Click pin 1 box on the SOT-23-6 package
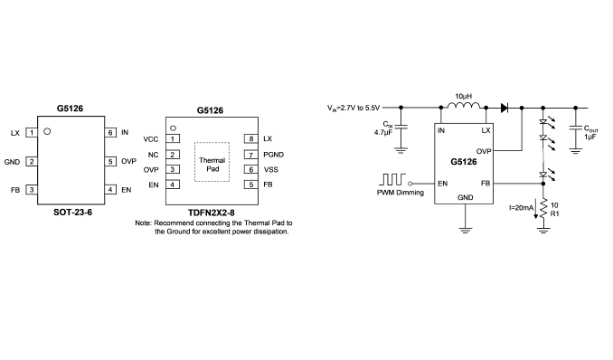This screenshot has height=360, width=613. click(x=32, y=133)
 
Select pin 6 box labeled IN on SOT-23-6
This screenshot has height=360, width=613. click(x=110, y=133)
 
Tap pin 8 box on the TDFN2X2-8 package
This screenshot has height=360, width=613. click(x=251, y=138)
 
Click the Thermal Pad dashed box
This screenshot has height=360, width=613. click(x=212, y=162)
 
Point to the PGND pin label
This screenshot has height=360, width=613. click(x=274, y=155)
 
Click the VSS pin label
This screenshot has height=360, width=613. click(x=271, y=169)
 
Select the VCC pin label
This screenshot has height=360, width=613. click(x=151, y=139)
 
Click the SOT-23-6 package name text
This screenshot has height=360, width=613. click(x=72, y=212)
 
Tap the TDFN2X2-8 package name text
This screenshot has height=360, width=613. click(x=212, y=213)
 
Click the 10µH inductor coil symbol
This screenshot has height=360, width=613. click(x=464, y=105)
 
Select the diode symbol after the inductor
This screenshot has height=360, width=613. click(x=505, y=108)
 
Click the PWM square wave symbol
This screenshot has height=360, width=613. click(x=392, y=180)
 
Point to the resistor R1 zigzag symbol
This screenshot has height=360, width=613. click(x=543, y=208)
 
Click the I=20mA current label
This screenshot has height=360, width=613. click(x=521, y=208)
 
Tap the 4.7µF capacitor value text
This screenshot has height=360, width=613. click(x=383, y=132)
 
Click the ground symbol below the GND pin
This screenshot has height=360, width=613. click(x=465, y=230)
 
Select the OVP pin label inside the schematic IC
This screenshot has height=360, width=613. click(x=484, y=151)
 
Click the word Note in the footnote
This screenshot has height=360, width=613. click(x=143, y=223)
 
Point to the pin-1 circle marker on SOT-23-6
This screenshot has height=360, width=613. click(x=47, y=131)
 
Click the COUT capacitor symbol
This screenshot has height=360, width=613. click(x=575, y=128)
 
